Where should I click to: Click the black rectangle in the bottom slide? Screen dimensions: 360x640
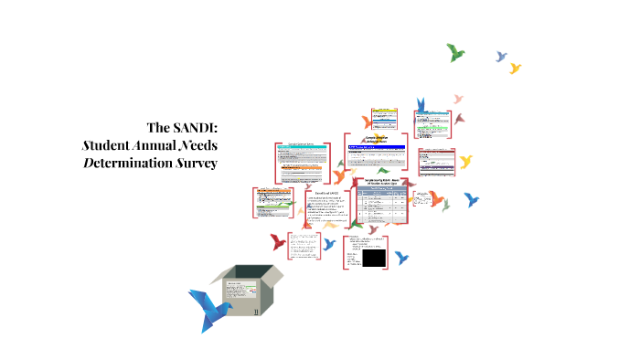tap(373, 259)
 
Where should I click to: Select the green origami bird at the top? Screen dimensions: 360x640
tap(455, 52)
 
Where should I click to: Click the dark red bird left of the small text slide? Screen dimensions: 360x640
tap(277, 242)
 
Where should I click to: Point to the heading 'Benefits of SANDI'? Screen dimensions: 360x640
tap(326, 194)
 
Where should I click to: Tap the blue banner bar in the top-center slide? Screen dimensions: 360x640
tap(375, 147)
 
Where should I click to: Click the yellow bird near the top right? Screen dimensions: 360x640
tap(515, 68)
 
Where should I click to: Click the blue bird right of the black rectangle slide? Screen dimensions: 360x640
tap(400, 258)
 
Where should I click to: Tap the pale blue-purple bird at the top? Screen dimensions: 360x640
tap(500, 57)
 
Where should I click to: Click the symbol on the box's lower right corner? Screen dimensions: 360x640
tap(257, 312)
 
